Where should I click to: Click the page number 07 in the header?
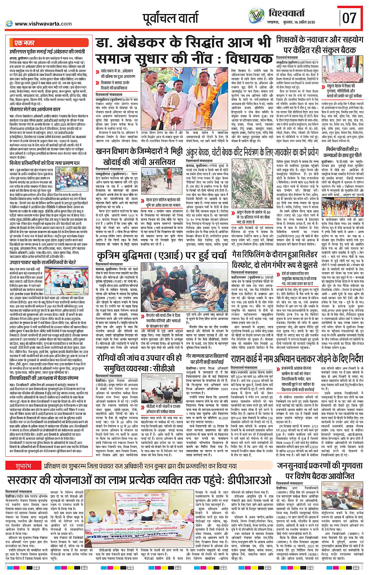[x=349, y=18]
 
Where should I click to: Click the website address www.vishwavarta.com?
[x=43, y=24]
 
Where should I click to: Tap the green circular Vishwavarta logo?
[x=257, y=16]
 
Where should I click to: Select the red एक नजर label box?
[x=24, y=43]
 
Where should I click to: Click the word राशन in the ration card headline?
[x=241, y=358]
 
